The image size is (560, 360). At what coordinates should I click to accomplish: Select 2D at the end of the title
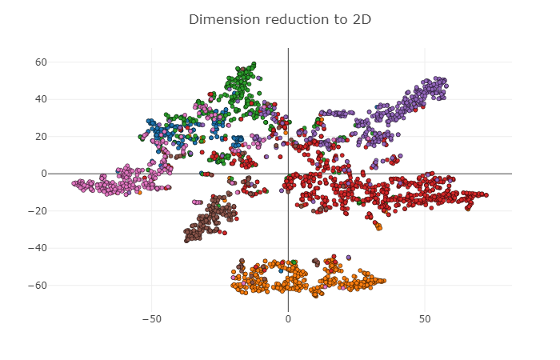point(360,18)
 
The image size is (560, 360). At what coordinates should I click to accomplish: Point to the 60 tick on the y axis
point(41,62)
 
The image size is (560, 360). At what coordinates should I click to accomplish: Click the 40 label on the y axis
point(41,99)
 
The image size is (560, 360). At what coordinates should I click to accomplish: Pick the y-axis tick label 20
point(41,136)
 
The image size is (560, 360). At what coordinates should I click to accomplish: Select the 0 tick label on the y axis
point(44,174)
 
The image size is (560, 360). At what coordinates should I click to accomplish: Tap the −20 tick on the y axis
point(38,210)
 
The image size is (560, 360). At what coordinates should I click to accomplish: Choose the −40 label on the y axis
point(38,248)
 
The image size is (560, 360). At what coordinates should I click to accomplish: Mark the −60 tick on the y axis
point(38,285)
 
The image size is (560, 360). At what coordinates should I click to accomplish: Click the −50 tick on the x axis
point(151,318)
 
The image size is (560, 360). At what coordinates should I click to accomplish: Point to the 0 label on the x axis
point(288,318)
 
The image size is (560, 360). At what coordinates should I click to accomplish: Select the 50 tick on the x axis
point(425,318)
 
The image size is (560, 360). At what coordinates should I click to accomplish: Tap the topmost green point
point(254,63)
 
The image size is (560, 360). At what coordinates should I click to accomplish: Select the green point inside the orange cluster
point(294,262)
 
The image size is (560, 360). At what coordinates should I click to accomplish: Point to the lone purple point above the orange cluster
point(348,258)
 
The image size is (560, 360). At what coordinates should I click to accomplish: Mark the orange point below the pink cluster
point(139,192)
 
